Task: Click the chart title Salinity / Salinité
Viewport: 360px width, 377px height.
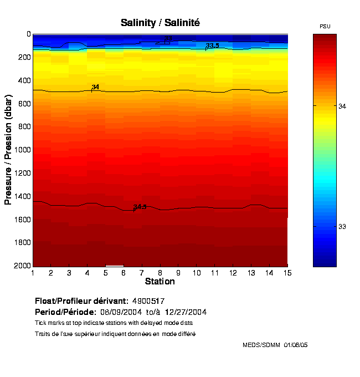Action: pos(160,23)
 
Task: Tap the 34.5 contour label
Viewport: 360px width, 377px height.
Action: pos(140,207)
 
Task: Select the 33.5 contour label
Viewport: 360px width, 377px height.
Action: pos(212,45)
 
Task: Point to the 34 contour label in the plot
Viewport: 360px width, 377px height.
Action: pos(95,87)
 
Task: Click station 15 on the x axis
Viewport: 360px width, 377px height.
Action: pos(287,273)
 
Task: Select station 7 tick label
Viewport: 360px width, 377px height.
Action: pos(142,273)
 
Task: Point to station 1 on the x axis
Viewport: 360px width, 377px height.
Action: pos(33,273)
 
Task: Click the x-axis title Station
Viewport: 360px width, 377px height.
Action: pos(160,282)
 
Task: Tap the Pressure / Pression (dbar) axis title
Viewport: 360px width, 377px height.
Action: pos(8,149)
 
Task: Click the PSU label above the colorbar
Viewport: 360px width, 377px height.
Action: pos(325,27)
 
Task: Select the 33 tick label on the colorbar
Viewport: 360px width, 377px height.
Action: pos(342,227)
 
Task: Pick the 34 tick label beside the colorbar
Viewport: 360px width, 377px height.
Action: pos(342,105)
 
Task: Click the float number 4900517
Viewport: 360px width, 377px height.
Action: pos(148,301)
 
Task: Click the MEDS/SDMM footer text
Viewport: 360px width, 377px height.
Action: pos(275,345)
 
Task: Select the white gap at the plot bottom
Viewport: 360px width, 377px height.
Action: pos(114,266)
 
